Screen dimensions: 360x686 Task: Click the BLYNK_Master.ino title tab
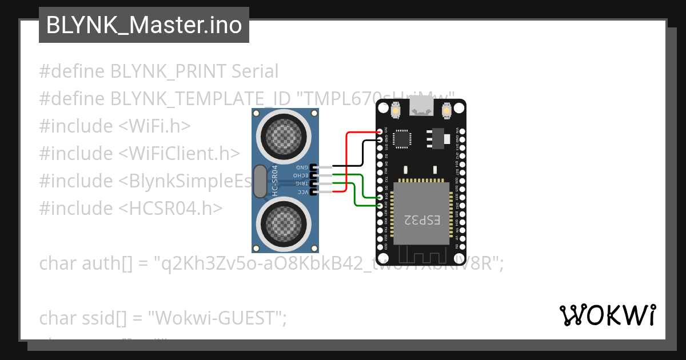143,25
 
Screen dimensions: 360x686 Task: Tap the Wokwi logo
607,315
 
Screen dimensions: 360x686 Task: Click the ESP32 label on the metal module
422,219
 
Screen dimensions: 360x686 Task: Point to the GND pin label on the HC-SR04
301,167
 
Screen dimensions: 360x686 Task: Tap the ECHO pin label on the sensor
301,175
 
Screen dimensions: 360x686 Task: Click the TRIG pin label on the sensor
301,183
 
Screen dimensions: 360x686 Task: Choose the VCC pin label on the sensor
301,192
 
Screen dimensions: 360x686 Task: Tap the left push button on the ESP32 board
396,109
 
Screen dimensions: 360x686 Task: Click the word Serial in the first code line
255,71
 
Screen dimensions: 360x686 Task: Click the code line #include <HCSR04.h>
131,208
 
